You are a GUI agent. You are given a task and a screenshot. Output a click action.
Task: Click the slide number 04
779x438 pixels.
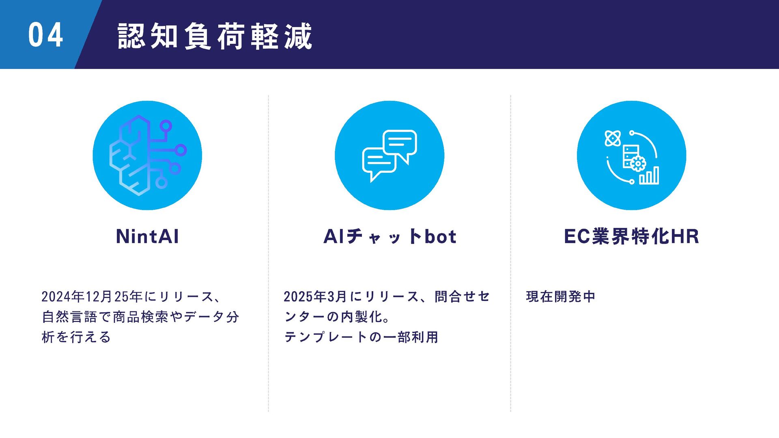pyautogui.click(x=45, y=35)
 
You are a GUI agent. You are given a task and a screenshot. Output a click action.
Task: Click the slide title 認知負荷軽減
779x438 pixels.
pyautogui.click(x=215, y=36)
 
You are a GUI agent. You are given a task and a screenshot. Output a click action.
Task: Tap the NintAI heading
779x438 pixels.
pyautogui.click(x=147, y=236)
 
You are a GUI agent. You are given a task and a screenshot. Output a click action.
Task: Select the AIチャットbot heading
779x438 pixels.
pyautogui.click(x=389, y=236)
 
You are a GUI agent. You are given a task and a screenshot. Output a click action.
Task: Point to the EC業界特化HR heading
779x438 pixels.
pyautogui.click(x=631, y=236)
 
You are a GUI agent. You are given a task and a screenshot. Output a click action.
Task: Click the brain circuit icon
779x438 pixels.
pyautogui.click(x=147, y=155)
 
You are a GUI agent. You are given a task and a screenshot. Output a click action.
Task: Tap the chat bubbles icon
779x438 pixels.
pyautogui.click(x=389, y=155)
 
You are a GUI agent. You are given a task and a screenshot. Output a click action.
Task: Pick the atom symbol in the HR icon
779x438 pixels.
pyautogui.click(x=613, y=138)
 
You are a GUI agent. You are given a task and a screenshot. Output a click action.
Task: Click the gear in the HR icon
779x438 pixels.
pyautogui.click(x=638, y=163)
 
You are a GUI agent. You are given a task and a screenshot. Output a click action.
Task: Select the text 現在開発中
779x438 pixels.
pyautogui.click(x=560, y=297)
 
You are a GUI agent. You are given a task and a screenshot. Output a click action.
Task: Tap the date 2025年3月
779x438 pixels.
pyautogui.click(x=315, y=297)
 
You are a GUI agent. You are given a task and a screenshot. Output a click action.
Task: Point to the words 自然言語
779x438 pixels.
pyautogui.click(x=70, y=317)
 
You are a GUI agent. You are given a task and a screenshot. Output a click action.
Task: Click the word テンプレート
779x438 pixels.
pyautogui.click(x=322, y=337)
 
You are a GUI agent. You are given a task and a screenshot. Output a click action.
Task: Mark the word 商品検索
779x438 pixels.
pyautogui.click(x=140, y=317)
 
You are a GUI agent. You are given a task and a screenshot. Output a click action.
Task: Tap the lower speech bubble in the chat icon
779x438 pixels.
pyautogui.click(x=378, y=161)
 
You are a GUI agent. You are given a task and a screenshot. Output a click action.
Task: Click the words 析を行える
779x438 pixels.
pyautogui.click(x=76, y=337)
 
